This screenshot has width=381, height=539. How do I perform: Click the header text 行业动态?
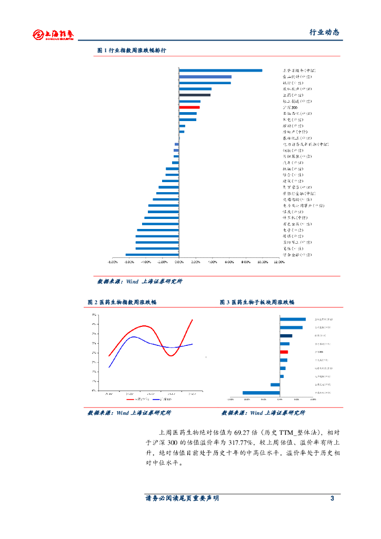324,32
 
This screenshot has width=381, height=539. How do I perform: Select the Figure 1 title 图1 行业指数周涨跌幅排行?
132,51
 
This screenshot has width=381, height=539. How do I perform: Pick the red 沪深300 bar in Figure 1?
189,107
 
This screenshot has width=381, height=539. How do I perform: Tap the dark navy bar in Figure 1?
195,95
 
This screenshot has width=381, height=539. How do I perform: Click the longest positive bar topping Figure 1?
220,71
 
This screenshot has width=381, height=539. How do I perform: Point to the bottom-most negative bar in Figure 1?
152,255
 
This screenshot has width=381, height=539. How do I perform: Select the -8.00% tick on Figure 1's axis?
112,262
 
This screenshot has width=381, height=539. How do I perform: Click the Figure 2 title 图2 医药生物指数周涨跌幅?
122,302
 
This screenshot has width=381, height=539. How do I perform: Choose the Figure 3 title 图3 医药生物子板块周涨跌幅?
257,302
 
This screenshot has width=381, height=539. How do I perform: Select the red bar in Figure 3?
284,352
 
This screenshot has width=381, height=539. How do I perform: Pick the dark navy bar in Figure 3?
286,335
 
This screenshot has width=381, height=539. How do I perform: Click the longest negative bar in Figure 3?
261,393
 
